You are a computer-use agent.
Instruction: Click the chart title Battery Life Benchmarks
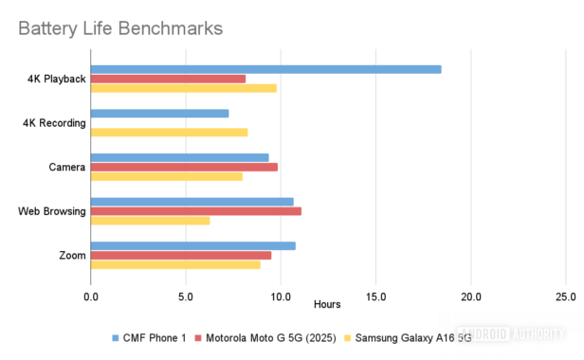click(x=120, y=28)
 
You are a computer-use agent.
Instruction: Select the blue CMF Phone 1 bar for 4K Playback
click(x=265, y=69)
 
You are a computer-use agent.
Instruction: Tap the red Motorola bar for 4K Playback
click(x=168, y=79)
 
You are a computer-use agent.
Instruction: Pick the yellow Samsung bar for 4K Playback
click(x=184, y=88)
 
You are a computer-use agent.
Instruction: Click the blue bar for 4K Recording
click(x=159, y=114)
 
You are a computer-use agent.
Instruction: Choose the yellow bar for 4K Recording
click(x=169, y=133)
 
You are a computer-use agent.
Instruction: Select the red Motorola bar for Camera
click(x=184, y=167)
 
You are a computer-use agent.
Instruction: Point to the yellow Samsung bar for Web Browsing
click(x=150, y=221)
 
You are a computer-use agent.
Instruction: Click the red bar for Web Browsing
click(x=196, y=211)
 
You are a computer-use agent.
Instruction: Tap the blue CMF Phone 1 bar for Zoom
click(x=192, y=245)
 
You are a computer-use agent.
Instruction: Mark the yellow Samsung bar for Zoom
click(x=175, y=264)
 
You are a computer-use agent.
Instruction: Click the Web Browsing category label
click(x=52, y=211)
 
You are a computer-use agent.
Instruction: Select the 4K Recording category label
click(x=55, y=123)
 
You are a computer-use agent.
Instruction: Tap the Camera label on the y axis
click(x=67, y=167)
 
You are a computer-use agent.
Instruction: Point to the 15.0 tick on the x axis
click(x=375, y=297)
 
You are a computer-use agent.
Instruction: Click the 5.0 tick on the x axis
click(x=186, y=297)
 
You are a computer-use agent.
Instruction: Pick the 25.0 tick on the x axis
click(x=565, y=297)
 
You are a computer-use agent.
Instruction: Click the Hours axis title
click(x=327, y=305)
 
